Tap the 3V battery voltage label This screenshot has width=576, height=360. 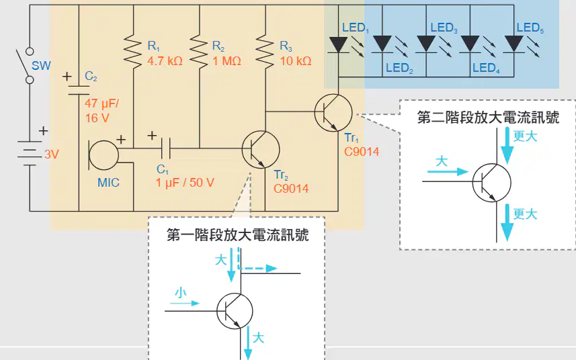(x=52, y=154)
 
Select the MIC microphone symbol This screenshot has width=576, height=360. (x=104, y=155)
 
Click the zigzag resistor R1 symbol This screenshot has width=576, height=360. (x=133, y=51)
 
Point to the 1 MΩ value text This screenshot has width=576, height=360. (x=227, y=61)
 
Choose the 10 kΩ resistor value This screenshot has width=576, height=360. (x=295, y=61)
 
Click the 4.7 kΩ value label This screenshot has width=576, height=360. (x=165, y=61)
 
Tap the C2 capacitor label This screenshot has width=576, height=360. (x=91, y=77)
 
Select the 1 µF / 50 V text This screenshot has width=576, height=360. (x=185, y=183)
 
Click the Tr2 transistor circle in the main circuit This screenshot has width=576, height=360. (x=261, y=149)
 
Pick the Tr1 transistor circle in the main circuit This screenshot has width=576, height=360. (x=333, y=113)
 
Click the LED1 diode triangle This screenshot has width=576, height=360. (x=338, y=44)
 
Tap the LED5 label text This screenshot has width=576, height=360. (x=530, y=28)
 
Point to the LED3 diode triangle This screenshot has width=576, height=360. (x=426, y=44)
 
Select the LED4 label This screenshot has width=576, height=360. (x=486, y=69)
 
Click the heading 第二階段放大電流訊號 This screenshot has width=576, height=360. (x=488, y=118)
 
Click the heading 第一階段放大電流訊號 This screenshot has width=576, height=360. (x=238, y=235)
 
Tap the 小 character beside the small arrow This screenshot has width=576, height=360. (x=180, y=293)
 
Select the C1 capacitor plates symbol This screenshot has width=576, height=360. (x=166, y=148)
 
